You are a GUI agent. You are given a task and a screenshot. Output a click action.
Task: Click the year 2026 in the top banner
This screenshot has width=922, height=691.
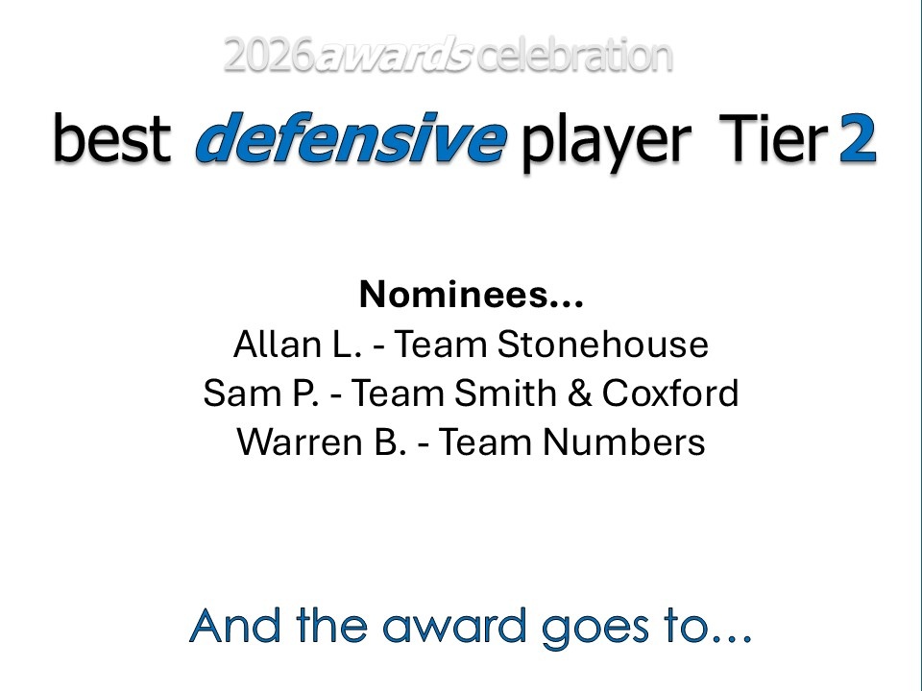point(269,56)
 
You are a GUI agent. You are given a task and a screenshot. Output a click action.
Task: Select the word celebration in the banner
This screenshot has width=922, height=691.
point(574,56)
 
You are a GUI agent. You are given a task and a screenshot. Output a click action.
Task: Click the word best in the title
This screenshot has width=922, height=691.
point(112,137)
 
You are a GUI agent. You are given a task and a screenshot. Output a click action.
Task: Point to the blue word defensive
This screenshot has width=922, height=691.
point(352,137)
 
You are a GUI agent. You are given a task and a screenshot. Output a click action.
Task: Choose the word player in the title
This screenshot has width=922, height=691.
point(606,143)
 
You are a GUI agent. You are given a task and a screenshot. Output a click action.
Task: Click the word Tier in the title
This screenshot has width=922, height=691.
point(774,137)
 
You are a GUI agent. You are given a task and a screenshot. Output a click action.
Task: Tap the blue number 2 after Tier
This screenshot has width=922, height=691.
point(858,137)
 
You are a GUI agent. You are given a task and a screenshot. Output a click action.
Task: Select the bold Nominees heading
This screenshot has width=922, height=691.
point(471,294)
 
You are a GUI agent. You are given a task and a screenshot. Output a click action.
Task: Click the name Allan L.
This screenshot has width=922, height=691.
point(298,344)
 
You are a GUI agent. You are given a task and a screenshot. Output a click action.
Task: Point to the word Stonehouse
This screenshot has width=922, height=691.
point(603,344)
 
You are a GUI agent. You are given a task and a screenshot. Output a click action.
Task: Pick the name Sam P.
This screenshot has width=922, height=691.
point(261,393)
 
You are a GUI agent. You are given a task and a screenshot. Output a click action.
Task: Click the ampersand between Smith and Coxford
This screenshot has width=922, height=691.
point(579,393)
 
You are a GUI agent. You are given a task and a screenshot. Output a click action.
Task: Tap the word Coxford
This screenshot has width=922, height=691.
point(670,393)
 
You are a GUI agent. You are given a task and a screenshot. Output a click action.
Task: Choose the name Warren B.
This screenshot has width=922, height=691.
point(322,441)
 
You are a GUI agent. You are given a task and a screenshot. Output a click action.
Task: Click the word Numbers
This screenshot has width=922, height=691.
point(624,441)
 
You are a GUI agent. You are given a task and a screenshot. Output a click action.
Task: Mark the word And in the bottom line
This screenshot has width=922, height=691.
point(235,625)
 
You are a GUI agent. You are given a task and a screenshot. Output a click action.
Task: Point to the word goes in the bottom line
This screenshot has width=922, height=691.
point(595,630)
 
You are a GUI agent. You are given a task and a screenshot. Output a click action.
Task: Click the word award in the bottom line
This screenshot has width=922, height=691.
point(454,625)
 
